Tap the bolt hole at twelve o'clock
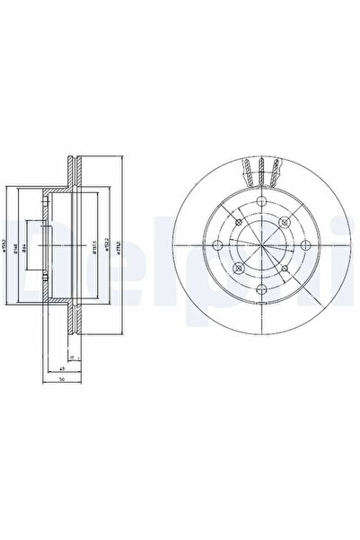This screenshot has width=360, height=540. (x=261, y=200)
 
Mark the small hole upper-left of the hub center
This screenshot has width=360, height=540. (x=238, y=221)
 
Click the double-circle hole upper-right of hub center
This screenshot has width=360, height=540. (x=285, y=222)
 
